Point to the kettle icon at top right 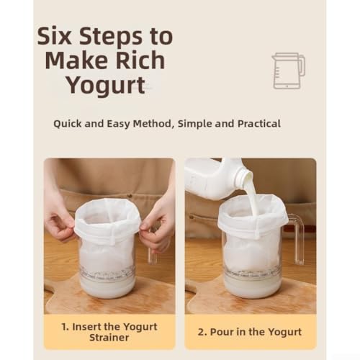pos(288,70)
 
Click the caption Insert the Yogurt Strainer pos(109,331)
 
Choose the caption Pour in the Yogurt pos(250,332)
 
